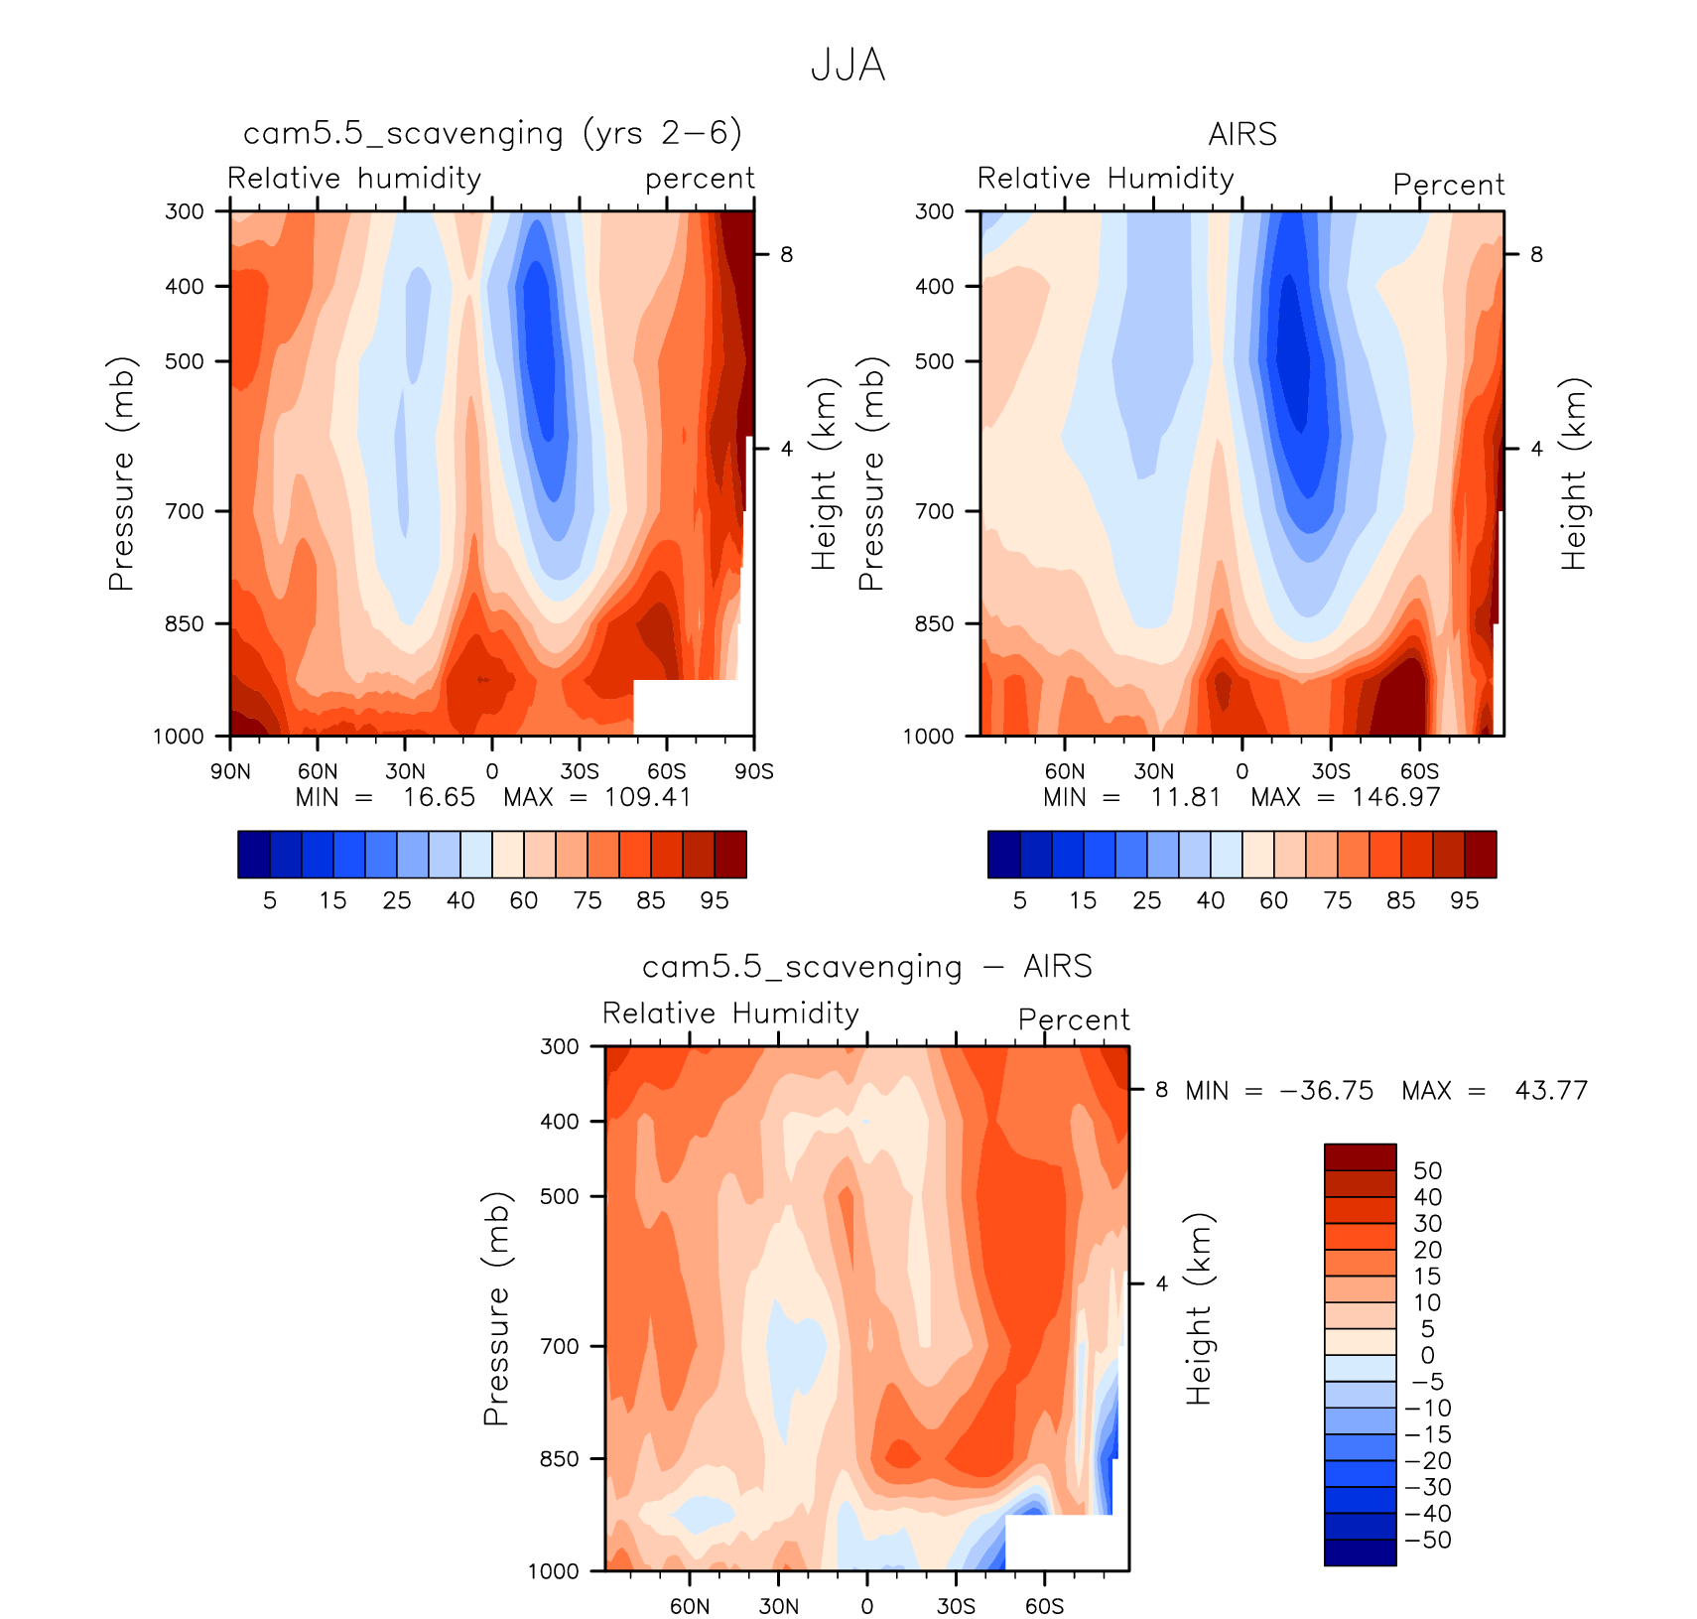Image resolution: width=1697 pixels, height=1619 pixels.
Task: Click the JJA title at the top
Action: click(x=848, y=66)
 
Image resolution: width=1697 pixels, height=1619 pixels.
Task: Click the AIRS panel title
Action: click(x=1241, y=134)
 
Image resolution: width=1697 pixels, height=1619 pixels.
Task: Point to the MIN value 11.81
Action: click(x=1185, y=797)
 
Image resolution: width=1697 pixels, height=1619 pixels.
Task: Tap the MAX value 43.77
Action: click(x=1550, y=1091)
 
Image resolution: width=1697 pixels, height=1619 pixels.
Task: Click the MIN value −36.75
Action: click(x=1327, y=1091)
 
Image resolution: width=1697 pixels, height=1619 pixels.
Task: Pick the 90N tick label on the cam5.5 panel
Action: click(x=230, y=771)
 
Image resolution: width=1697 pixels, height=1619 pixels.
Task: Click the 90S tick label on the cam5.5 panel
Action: click(x=753, y=771)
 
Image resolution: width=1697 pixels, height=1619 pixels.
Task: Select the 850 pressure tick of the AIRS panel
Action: click(x=934, y=623)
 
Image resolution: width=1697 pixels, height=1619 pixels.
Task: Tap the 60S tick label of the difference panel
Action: click(x=1044, y=1606)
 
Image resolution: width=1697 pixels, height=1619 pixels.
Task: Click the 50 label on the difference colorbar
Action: click(x=1427, y=1170)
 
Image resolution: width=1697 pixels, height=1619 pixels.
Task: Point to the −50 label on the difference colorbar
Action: click(x=1428, y=1540)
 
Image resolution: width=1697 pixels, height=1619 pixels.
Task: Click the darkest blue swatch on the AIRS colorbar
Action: click(x=1003, y=855)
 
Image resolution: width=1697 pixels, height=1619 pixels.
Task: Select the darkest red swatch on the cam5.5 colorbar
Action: click(x=730, y=855)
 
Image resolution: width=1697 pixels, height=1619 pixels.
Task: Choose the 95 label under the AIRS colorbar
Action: click(x=1464, y=900)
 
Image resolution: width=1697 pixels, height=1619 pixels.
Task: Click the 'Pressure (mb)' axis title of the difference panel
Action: click(x=496, y=1308)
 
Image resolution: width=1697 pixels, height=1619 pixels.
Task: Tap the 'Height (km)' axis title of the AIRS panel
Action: click(x=1574, y=473)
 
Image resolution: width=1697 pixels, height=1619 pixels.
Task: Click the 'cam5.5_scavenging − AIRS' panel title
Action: click(x=866, y=967)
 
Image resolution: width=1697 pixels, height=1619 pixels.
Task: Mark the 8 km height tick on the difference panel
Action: click(x=1161, y=1089)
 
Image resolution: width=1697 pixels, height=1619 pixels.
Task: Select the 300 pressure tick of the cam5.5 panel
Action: click(x=185, y=210)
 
